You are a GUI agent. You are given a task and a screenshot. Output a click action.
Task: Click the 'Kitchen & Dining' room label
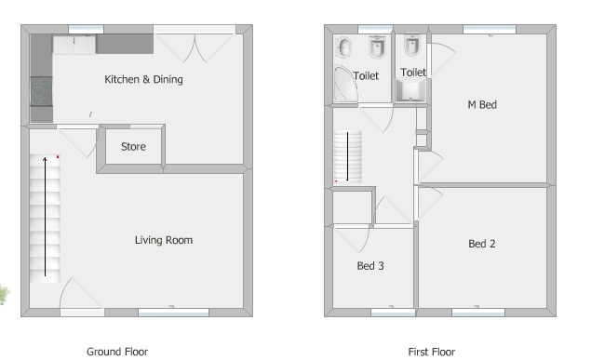pyautogui.click(x=143, y=80)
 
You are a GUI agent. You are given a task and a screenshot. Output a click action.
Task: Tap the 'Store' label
pyautogui.click(x=133, y=147)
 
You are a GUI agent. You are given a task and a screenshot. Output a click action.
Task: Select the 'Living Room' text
pyautogui.click(x=164, y=241)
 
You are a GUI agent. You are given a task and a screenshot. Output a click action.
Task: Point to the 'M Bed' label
pyautogui.click(x=481, y=105)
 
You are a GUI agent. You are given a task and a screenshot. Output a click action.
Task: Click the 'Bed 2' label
pyautogui.click(x=481, y=245)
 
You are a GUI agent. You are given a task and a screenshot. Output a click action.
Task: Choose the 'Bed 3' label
pyautogui.click(x=370, y=266)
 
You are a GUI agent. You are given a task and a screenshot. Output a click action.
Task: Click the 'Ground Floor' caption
pyautogui.click(x=117, y=352)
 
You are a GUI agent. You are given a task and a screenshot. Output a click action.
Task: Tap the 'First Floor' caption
pyautogui.click(x=432, y=352)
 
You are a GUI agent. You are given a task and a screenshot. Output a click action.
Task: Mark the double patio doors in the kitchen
pyautogui.click(x=197, y=48)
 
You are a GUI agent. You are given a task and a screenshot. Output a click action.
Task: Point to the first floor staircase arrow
pyautogui.click(x=348, y=156)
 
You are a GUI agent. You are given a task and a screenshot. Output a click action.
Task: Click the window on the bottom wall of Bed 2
pyautogui.click(x=477, y=311)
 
